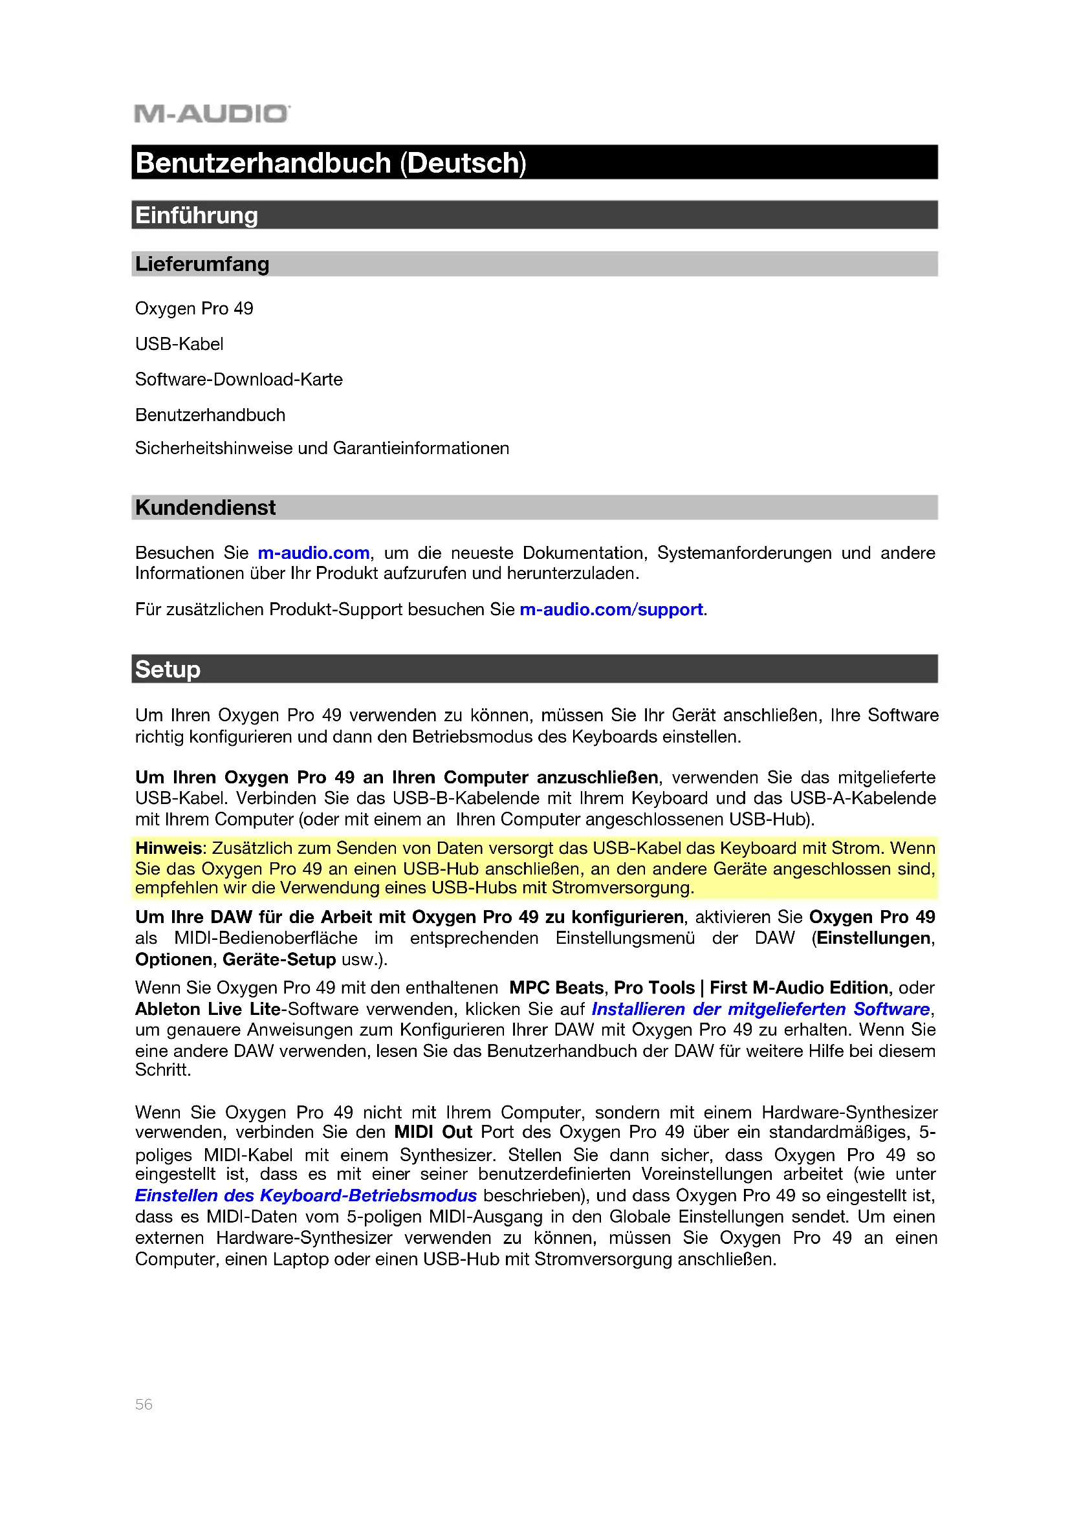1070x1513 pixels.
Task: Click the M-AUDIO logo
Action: (x=211, y=114)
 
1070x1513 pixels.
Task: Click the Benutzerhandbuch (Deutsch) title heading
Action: (x=331, y=163)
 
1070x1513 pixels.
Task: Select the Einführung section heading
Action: (x=197, y=215)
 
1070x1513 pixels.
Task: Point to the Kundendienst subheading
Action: (x=205, y=507)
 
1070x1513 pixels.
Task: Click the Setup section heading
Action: (x=168, y=669)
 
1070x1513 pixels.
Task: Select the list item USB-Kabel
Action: (x=179, y=344)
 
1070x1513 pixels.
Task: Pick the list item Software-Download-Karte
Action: (x=239, y=380)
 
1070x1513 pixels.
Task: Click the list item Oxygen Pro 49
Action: (x=193, y=309)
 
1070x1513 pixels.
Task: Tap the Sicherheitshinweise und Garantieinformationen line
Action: (x=322, y=448)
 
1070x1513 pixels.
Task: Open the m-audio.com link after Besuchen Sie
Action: (x=313, y=553)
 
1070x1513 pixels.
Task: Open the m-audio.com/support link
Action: (x=611, y=609)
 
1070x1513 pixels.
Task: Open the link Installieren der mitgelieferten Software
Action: (x=760, y=1009)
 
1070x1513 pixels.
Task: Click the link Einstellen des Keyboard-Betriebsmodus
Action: (x=306, y=1195)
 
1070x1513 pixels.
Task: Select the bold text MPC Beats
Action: (x=556, y=988)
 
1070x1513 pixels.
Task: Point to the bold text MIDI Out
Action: (x=433, y=1132)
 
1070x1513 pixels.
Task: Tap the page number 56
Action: (x=144, y=1404)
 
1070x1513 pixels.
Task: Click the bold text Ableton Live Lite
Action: (x=208, y=1009)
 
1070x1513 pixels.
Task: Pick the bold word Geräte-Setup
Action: (x=279, y=959)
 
